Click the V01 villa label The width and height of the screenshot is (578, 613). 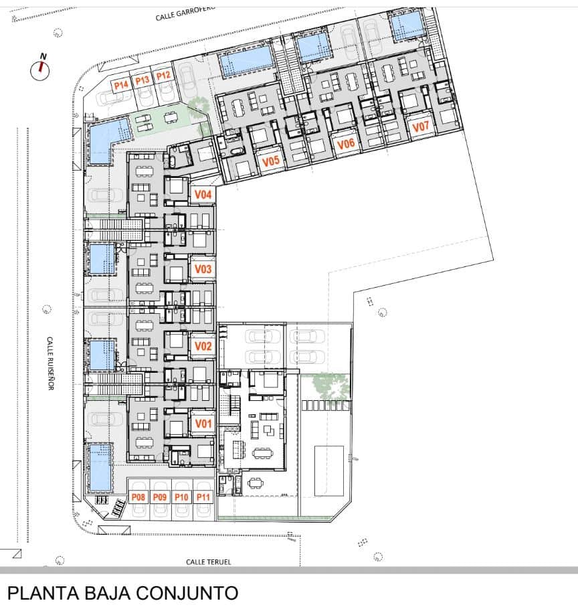tap(203, 424)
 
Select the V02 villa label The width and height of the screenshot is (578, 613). tap(203, 346)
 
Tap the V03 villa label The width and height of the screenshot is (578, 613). tap(203, 269)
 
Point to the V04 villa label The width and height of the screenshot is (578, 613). tap(203, 194)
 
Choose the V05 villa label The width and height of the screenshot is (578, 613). tap(271, 161)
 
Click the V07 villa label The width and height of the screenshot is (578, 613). tap(421, 126)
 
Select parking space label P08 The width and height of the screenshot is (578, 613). tap(138, 497)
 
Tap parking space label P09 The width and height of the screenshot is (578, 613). tap(160, 497)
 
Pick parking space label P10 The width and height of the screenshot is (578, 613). tap(181, 497)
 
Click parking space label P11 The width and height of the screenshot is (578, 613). tap(203, 497)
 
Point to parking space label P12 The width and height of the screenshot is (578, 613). tap(163, 76)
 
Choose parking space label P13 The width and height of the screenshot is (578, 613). tap(142, 80)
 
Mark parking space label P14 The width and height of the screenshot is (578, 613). tap(121, 85)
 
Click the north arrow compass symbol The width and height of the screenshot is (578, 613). tap(40, 68)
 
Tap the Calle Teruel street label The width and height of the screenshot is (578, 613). tap(209, 561)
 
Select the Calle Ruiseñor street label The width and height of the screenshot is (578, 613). tap(50, 363)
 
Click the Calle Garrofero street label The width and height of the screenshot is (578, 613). tap(185, 13)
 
